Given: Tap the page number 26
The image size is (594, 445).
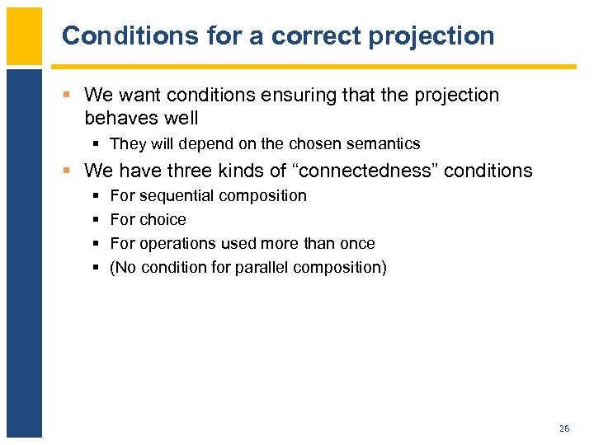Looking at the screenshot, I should click(564, 429).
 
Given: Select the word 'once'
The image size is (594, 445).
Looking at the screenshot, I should click(357, 243).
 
